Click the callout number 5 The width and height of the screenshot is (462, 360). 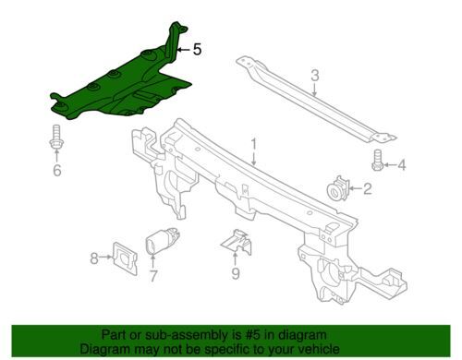coord(197,49)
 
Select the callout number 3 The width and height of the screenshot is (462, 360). coord(314,76)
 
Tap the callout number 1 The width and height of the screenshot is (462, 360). coord(254,145)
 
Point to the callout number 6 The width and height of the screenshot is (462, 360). coord(57,170)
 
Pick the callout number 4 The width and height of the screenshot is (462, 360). coord(402,165)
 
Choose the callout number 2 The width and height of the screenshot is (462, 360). coord(368,188)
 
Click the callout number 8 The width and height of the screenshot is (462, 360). coord(94,258)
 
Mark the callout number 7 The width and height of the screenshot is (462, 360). coord(153,276)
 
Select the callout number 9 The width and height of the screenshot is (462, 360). coord(236,273)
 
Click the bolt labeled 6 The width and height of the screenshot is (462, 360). coord(56,137)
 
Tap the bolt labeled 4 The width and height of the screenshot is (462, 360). coord(377,160)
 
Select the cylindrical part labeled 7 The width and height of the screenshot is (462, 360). coord(162,242)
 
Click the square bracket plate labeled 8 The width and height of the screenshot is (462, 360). coord(125,258)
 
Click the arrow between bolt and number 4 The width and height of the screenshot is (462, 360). coord(390,165)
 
